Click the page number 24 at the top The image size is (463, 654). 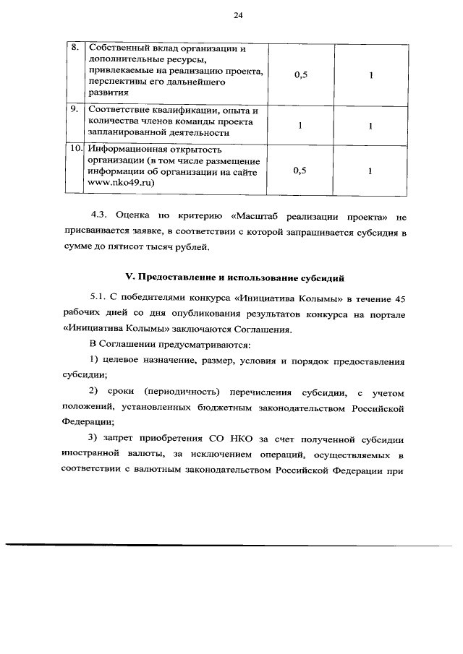pyautogui.click(x=237, y=15)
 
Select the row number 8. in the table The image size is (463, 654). pyautogui.click(x=74, y=48)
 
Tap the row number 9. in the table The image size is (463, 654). pyautogui.click(x=74, y=110)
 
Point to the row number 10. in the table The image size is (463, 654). pyautogui.click(x=75, y=149)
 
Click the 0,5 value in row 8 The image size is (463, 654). pyautogui.click(x=301, y=74)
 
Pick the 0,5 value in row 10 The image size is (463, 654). pyautogui.click(x=301, y=171)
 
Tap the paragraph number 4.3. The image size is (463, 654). pyautogui.click(x=99, y=216)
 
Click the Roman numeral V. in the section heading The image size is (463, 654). pyautogui.click(x=122, y=277)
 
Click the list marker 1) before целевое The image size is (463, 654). pyautogui.click(x=93, y=360)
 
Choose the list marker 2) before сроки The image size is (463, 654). pyautogui.click(x=93, y=392)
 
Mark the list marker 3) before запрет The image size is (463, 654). pyautogui.click(x=93, y=439)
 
